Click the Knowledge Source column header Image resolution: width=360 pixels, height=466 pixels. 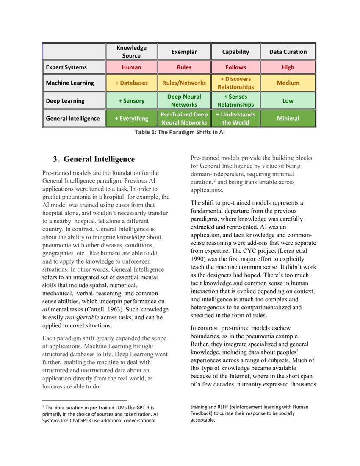(x=131, y=52)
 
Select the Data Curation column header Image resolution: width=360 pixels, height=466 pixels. (x=288, y=52)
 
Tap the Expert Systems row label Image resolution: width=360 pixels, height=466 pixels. (x=66, y=67)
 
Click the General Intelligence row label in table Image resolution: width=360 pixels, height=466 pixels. (x=73, y=119)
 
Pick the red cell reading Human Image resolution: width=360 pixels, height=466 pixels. (x=131, y=67)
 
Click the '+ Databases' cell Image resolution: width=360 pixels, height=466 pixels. (x=131, y=83)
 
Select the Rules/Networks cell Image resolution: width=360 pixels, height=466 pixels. (x=184, y=83)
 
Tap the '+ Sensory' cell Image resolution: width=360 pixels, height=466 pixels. (x=131, y=101)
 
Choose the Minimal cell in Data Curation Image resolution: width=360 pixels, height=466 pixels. (x=288, y=119)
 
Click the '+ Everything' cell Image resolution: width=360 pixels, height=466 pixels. (x=131, y=119)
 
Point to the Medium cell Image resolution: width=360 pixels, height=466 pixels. (x=288, y=83)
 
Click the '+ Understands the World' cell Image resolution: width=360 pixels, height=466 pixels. (x=235, y=119)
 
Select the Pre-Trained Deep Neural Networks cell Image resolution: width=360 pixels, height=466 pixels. (x=184, y=119)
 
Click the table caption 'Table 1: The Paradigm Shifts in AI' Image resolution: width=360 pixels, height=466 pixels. (x=179, y=132)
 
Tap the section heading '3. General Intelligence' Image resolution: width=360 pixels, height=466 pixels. (x=94, y=159)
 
